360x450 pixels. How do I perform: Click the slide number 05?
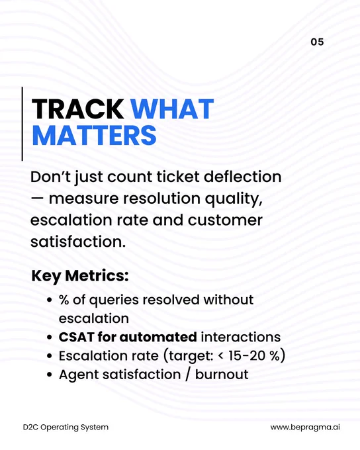point(317,42)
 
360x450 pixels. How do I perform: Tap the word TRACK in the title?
point(77,109)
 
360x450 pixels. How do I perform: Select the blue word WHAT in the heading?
point(172,109)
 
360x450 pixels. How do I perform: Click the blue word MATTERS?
point(94,135)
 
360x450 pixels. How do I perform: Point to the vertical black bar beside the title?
point(22,124)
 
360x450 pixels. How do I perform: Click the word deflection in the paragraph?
point(242,177)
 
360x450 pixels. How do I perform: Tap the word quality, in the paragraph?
point(234,199)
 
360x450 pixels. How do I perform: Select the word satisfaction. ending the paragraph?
point(78,242)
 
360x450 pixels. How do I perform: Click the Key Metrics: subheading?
point(80,276)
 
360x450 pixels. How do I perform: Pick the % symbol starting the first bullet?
point(64,300)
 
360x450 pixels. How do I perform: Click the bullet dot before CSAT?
point(50,337)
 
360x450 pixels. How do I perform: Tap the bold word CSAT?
point(76,337)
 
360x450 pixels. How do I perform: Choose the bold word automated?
point(158,337)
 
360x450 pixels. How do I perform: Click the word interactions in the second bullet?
point(241,337)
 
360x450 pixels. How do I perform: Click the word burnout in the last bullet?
point(222,375)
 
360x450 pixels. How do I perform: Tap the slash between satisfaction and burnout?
point(188,375)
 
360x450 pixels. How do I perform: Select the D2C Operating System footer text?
point(66,427)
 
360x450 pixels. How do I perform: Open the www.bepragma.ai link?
point(305,427)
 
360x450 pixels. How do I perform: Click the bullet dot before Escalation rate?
point(50,356)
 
